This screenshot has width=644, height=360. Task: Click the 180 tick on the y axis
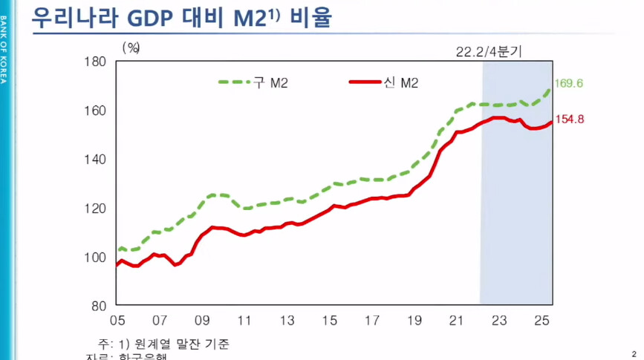96,61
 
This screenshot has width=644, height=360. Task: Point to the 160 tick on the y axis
96,110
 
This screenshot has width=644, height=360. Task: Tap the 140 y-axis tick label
96,159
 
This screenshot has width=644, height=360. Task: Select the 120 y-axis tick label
96,208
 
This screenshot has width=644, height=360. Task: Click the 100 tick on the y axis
96,257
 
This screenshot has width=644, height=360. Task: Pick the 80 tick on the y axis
99,305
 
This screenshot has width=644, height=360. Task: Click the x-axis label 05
117,321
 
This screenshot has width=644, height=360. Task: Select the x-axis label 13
287,321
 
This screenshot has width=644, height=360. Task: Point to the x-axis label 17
373,321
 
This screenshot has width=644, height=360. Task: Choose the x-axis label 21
458,321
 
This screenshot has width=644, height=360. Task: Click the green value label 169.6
570,83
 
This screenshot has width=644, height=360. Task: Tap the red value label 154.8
570,120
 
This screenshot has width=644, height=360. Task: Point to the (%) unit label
131,47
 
